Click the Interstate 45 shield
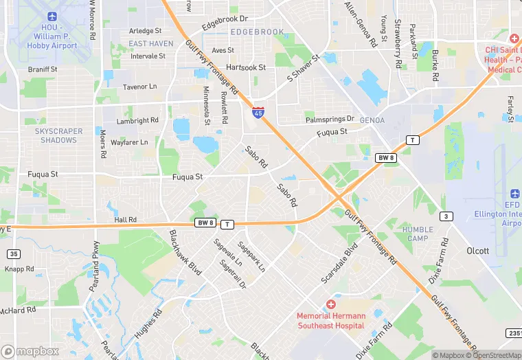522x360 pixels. pyautogui.click(x=258, y=112)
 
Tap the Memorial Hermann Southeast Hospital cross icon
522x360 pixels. pyautogui.click(x=331, y=304)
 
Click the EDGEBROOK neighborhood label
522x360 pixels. pyautogui.click(x=257, y=32)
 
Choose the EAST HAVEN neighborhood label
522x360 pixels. pyautogui.click(x=151, y=43)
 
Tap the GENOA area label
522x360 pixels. pyautogui.click(x=372, y=120)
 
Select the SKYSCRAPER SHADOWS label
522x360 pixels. pyautogui.click(x=58, y=135)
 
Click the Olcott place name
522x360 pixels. pyautogui.click(x=477, y=251)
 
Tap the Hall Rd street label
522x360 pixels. pyautogui.click(x=126, y=220)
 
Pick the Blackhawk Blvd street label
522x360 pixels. pyautogui.click(x=185, y=253)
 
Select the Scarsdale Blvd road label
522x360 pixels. pyautogui.click(x=340, y=263)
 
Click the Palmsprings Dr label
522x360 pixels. pyautogui.click(x=330, y=119)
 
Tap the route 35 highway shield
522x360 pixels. pyautogui.click(x=14, y=254)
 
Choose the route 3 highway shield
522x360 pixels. pyautogui.click(x=447, y=216)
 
